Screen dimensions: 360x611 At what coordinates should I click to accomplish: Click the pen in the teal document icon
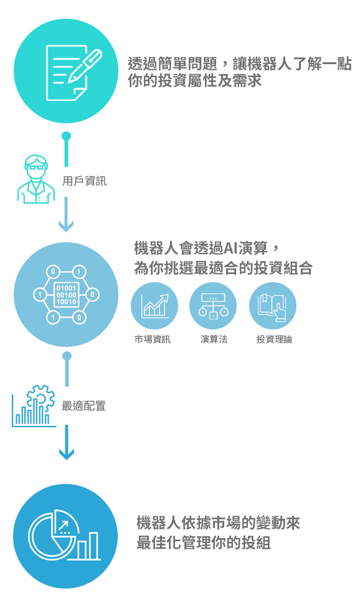85,65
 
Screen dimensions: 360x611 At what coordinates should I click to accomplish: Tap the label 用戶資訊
84,181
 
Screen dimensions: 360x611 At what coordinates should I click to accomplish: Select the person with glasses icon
36,179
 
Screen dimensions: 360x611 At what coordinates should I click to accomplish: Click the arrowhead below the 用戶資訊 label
66,225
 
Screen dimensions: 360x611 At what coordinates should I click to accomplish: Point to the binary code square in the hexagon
66,295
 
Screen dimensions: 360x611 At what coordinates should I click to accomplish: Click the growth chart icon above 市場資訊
154,306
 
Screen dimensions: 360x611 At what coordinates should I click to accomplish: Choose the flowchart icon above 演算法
213,306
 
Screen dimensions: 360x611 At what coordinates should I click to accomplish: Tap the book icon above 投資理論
272,306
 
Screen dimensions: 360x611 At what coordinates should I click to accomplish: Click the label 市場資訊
153,339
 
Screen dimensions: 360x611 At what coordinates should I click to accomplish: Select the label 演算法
214,339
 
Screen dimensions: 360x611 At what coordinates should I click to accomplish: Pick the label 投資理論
274,339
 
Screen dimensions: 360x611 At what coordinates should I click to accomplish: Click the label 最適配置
83,406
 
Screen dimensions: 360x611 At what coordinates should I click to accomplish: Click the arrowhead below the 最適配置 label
67,453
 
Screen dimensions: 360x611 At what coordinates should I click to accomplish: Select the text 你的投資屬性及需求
194,81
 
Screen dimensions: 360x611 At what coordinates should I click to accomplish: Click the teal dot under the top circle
67,136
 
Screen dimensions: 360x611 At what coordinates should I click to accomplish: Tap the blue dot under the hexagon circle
67,356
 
